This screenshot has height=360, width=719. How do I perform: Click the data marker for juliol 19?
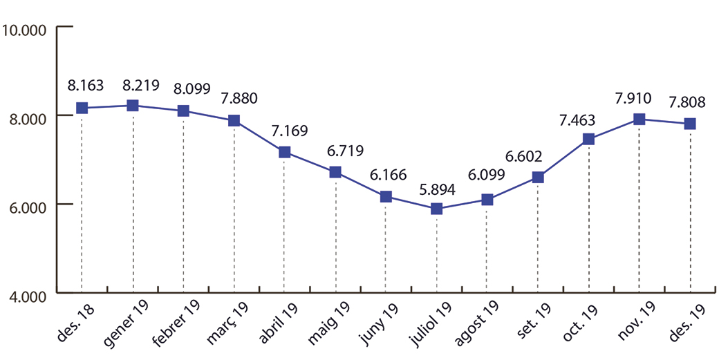click(436, 208)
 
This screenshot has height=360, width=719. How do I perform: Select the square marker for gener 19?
click(133, 105)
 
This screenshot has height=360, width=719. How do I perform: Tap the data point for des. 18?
click(82, 108)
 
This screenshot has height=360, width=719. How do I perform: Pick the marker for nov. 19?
click(639, 119)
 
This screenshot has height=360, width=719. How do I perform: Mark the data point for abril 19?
click(284, 152)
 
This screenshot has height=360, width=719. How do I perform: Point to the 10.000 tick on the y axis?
click(24, 30)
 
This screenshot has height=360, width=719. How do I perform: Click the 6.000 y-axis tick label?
click(24, 206)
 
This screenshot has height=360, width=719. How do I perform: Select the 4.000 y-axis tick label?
click(24, 296)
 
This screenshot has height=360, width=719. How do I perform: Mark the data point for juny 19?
click(386, 197)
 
